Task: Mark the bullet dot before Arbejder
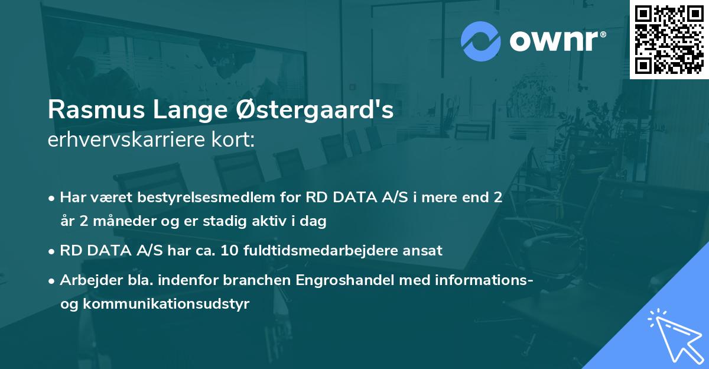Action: pos(53,281)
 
